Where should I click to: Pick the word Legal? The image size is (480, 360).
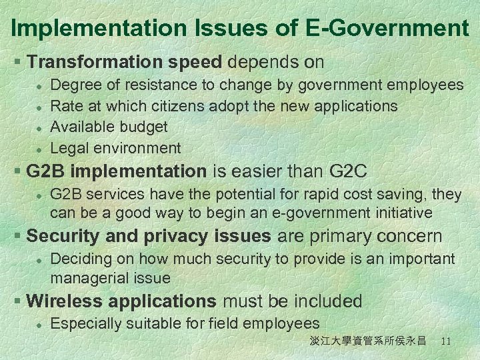[x=70, y=148]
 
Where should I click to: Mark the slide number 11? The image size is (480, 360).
[x=446, y=341]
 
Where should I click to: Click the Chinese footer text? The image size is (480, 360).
[x=367, y=341]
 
